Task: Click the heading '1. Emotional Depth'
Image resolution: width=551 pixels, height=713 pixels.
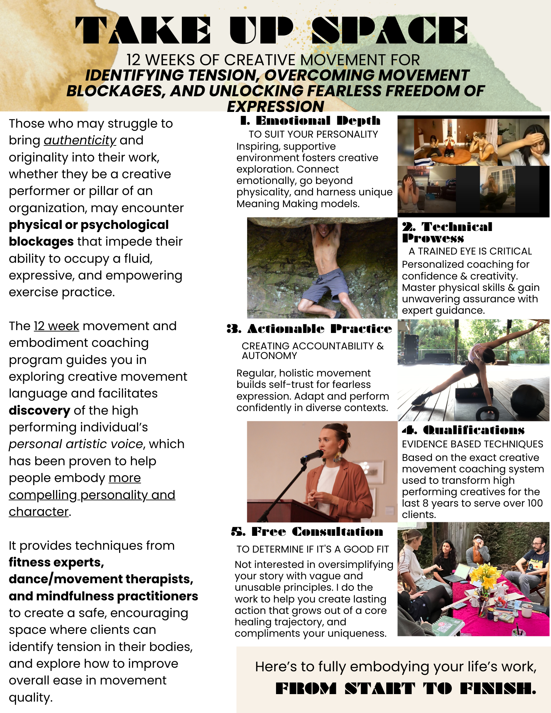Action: [310, 121]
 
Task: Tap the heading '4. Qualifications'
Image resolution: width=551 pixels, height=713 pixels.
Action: [463, 430]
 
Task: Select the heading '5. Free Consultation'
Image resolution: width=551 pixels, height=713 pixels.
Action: [307, 532]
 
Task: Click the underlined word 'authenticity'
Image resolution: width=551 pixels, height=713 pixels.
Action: [80, 140]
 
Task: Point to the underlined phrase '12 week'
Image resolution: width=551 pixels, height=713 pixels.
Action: [56, 326]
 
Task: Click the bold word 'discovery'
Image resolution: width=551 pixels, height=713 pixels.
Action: [39, 411]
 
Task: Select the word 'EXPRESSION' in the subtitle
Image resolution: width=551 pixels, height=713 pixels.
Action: [276, 107]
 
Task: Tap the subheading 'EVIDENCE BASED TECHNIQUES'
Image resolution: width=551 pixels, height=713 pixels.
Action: [472, 444]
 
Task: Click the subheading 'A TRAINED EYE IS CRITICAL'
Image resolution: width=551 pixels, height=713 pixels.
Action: [470, 251]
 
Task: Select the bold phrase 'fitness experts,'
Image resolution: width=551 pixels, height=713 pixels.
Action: [56, 563]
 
